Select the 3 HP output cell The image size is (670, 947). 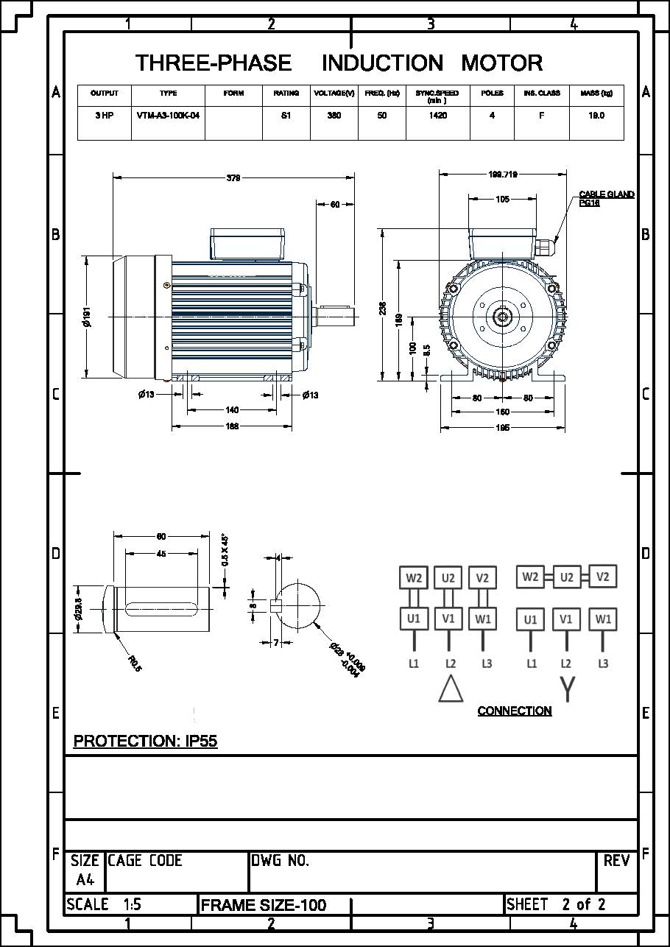pyautogui.click(x=104, y=116)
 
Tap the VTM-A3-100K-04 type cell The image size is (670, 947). pyautogui.click(x=169, y=116)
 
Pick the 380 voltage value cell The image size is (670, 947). pyautogui.click(x=334, y=116)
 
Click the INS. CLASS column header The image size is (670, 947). pyautogui.click(x=541, y=94)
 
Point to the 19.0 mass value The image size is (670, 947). pyautogui.click(x=596, y=116)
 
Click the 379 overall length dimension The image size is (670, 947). pyautogui.click(x=233, y=177)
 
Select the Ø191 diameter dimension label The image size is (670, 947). pyautogui.click(x=87, y=317)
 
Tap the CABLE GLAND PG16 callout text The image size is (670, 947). pyautogui.click(x=606, y=199)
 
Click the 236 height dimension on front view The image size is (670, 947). pyautogui.click(x=383, y=308)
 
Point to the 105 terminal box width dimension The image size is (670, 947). pyautogui.click(x=502, y=199)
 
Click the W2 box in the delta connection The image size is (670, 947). pyautogui.click(x=414, y=578)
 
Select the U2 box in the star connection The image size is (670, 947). pyautogui.click(x=566, y=577)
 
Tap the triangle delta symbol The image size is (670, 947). pyautogui.click(x=451, y=689)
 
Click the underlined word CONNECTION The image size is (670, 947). pyautogui.click(x=515, y=711)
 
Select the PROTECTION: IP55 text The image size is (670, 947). pyautogui.click(x=145, y=741)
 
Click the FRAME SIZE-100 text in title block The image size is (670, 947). pyautogui.click(x=264, y=905)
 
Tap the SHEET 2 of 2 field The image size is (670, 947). pyautogui.click(x=556, y=904)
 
